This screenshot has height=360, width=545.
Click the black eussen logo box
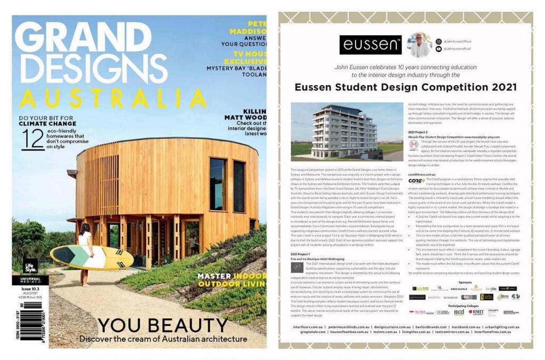pos(370,45)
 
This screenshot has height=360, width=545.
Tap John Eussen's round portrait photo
pos(420,45)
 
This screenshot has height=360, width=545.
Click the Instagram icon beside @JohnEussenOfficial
pos(439,41)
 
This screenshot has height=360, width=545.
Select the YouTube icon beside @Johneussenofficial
pos(439,49)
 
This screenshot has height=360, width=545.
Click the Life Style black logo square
pos(31,266)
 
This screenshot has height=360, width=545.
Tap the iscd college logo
pos(458,312)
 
